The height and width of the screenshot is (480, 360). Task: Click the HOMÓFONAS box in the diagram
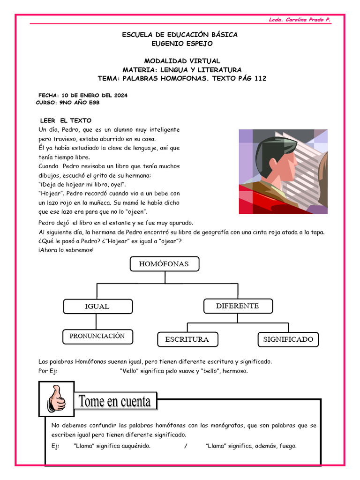(164, 264)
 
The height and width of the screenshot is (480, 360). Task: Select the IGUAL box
(97, 306)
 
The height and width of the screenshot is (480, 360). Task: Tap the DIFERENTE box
(237, 306)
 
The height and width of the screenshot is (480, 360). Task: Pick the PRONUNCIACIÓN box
(97, 336)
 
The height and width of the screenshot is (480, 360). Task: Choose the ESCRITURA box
(187, 339)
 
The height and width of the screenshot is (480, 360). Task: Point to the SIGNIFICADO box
(288, 339)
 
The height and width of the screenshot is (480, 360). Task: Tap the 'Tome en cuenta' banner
(115, 402)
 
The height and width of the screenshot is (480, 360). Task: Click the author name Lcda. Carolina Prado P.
(300, 20)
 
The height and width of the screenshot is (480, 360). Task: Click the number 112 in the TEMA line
(260, 78)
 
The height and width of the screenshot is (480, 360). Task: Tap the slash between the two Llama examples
(186, 446)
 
